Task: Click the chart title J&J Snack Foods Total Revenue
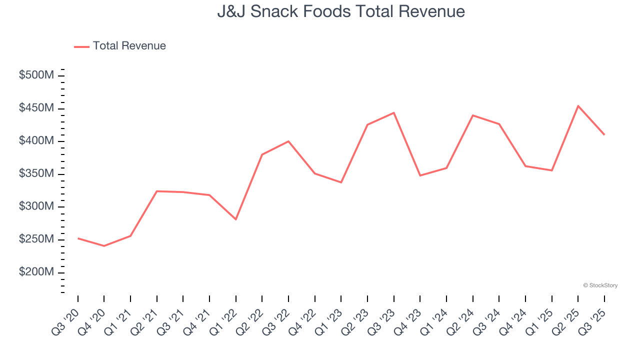(341, 11)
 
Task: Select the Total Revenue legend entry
(120, 46)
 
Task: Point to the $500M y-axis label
(36, 75)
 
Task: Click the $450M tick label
(36, 108)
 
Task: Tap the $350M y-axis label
(36, 174)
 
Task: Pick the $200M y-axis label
(36, 272)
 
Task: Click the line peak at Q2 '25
(578, 106)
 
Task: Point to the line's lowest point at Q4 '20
(104, 246)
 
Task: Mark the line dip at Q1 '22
(235, 219)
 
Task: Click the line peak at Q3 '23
(394, 112)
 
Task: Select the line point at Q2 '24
(472, 115)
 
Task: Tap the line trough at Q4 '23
(420, 175)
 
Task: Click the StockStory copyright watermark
(600, 285)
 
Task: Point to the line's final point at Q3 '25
(604, 134)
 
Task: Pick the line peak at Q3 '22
(288, 141)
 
